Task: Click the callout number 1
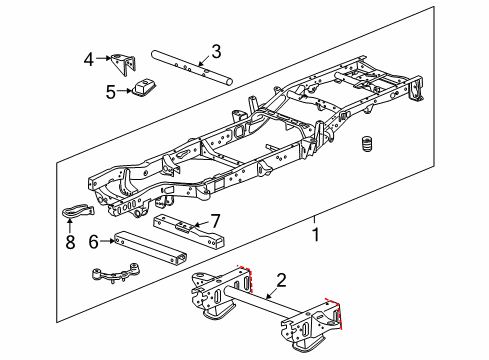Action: [316, 235]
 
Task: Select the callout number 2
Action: [282, 280]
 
